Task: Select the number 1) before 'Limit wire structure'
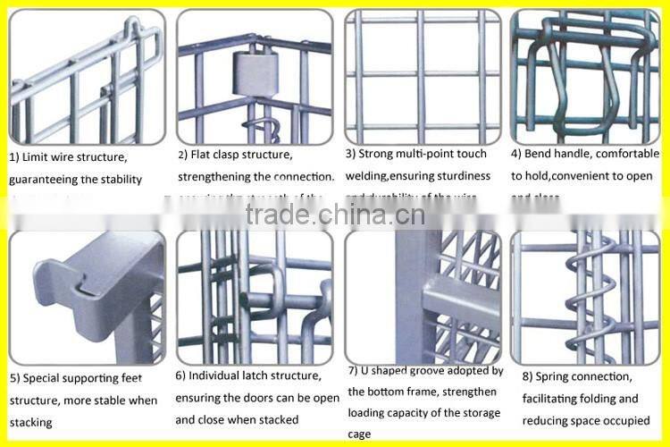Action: click(14, 157)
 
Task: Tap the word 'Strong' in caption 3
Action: click(379, 154)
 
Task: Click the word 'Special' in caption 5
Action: click(40, 378)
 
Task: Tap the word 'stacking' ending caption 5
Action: click(30, 422)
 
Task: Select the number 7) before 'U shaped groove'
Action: click(353, 369)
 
